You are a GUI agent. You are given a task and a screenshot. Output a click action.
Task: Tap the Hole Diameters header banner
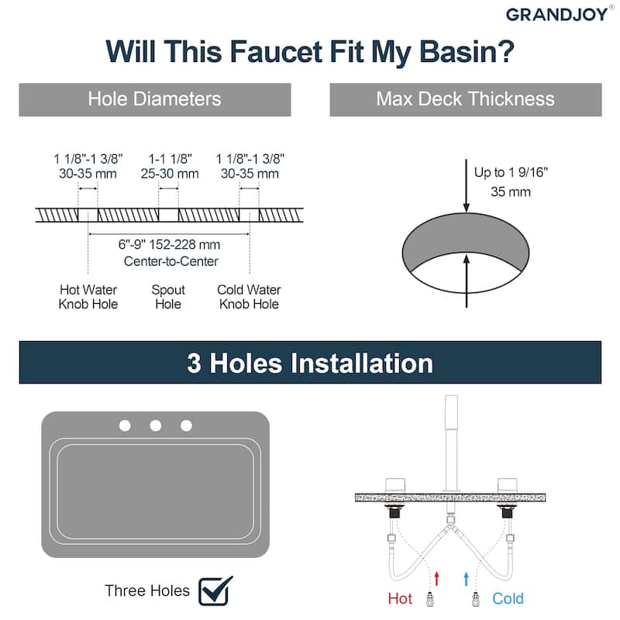click(x=155, y=100)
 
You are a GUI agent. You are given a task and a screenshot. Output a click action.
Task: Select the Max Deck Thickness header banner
click(x=466, y=100)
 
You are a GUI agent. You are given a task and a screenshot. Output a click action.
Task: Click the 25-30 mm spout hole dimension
click(x=170, y=174)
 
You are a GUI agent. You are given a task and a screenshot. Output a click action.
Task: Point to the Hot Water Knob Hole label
click(x=88, y=297)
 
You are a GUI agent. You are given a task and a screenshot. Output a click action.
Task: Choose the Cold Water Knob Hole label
click(x=249, y=297)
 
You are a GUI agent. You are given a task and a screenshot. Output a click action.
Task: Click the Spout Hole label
click(x=168, y=297)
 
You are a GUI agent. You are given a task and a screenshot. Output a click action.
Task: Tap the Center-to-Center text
click(x=170, y=261)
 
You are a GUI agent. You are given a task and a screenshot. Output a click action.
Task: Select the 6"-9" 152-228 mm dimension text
click(x=169, y=244)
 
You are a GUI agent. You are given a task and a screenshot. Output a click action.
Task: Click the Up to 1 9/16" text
click(x=511, y=172)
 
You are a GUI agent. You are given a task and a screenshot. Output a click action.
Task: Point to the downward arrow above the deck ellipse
click(x=467, y=186)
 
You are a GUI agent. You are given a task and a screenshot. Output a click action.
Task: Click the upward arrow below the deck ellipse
click(x=467, y=281)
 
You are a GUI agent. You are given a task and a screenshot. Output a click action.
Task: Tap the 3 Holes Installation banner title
click(x=310, y=363)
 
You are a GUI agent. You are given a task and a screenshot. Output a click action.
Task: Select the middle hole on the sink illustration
click(x=156, y=425)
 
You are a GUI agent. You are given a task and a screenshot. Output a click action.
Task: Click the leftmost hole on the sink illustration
click(x=125, y=425)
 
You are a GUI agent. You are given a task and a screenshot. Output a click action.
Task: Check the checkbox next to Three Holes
click(x=215, y=591)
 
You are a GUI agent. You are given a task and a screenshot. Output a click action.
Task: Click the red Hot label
click(x=400, y=598)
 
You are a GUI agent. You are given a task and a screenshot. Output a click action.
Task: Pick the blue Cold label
click(x=508, y=598)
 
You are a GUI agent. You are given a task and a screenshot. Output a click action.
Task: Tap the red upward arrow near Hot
click(x=436, y=578)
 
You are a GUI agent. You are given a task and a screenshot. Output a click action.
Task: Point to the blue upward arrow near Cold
click(x=467, y=578)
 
